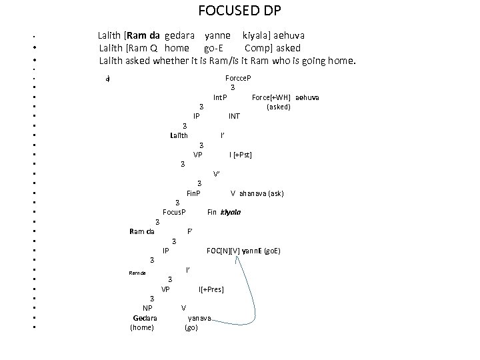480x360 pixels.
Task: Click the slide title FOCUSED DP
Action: [239, 11]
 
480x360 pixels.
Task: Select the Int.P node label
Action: [220, 97]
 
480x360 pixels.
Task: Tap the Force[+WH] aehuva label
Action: [285, 97]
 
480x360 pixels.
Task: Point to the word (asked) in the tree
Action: [278, 107]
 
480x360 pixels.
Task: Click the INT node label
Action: [234, 116]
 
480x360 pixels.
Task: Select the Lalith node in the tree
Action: [179, 136]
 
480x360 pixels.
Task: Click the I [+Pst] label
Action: [240, 155]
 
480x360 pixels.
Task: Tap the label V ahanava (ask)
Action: [257, 193]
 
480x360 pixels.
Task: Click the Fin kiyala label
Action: [224, 213]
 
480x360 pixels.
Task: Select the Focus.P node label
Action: [174, 213]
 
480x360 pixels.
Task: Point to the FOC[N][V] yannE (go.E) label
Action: [243, 251]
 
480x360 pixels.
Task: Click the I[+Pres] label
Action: [211, 289]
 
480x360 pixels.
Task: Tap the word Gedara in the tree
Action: [144, 317]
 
